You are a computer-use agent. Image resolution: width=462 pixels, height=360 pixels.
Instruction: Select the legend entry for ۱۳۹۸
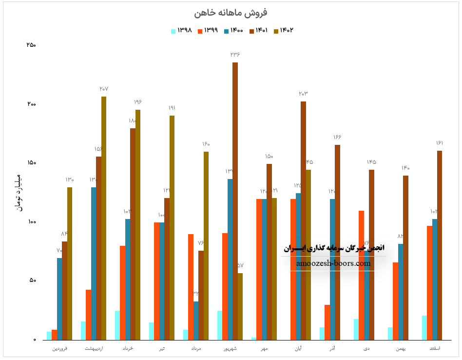click(181, 30)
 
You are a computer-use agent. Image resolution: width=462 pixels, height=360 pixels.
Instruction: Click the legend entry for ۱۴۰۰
click(233, 30)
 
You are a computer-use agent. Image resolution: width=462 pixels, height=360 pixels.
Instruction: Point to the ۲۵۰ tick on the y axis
click(31, 45)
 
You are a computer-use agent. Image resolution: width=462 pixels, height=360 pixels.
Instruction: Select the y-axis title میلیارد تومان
click(19, 192)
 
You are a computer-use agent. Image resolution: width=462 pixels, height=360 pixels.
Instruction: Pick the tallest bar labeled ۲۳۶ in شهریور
click(235, 200)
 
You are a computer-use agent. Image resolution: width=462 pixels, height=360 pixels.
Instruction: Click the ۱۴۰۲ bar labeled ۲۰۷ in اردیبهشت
click(104, 218)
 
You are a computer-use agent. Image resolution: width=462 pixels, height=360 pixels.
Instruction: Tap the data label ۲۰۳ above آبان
click(303, 93)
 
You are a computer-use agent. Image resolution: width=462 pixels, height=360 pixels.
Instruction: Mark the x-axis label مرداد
click(196, 349)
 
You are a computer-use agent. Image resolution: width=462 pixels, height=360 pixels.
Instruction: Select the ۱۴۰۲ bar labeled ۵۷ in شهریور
click(240, 306)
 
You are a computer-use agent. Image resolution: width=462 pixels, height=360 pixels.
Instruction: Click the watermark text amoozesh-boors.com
click(333, 263)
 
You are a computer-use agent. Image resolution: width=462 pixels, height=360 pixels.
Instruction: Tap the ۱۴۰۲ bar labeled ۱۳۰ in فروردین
click(70, 263)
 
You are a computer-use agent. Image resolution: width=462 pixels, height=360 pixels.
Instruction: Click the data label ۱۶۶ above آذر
click(337, 137)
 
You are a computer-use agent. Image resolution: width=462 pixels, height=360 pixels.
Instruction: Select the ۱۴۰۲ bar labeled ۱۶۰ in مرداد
click(206, 245)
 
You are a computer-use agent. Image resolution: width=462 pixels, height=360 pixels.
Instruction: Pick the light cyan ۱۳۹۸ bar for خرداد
click(117, 325)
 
